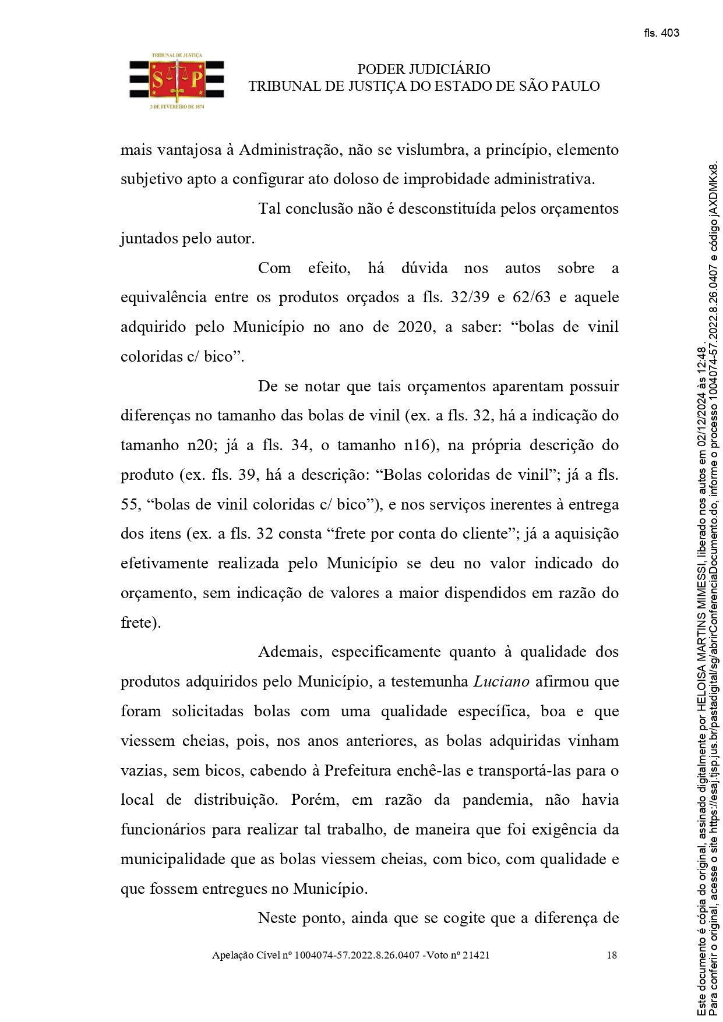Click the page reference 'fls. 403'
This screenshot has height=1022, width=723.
point(661,33)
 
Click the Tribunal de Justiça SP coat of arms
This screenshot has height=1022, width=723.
point(177,81)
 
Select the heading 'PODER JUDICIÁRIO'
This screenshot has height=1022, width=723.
point(424,69)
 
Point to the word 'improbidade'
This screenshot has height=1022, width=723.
point(446,179)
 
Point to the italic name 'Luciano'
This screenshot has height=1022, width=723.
point(501,682)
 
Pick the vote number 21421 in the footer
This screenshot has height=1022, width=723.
point(476,956)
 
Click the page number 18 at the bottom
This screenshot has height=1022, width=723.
point(612,956)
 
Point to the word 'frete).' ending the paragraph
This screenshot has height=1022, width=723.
point(140,623)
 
